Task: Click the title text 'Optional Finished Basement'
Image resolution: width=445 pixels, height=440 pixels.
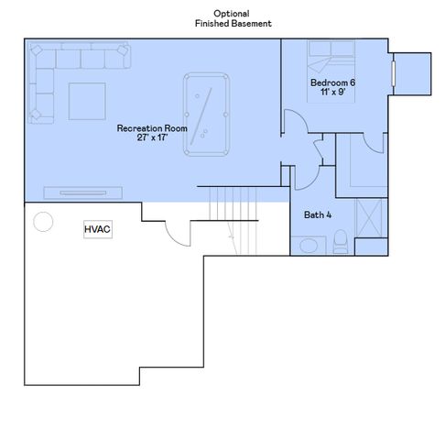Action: click(x=233, y=18)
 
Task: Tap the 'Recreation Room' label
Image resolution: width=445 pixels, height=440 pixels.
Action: click(x=152, y=129)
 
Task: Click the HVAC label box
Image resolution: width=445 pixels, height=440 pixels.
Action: click(x=98, y=229)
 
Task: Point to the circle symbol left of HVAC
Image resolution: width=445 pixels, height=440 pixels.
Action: click(x=43, y=222)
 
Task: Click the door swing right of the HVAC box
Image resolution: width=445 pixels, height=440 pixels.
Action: click(x=176, y=234)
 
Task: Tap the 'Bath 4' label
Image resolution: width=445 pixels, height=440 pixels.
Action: click(x=319, y=215)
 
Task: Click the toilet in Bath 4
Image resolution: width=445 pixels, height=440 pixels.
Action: click(x=340, y=244)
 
